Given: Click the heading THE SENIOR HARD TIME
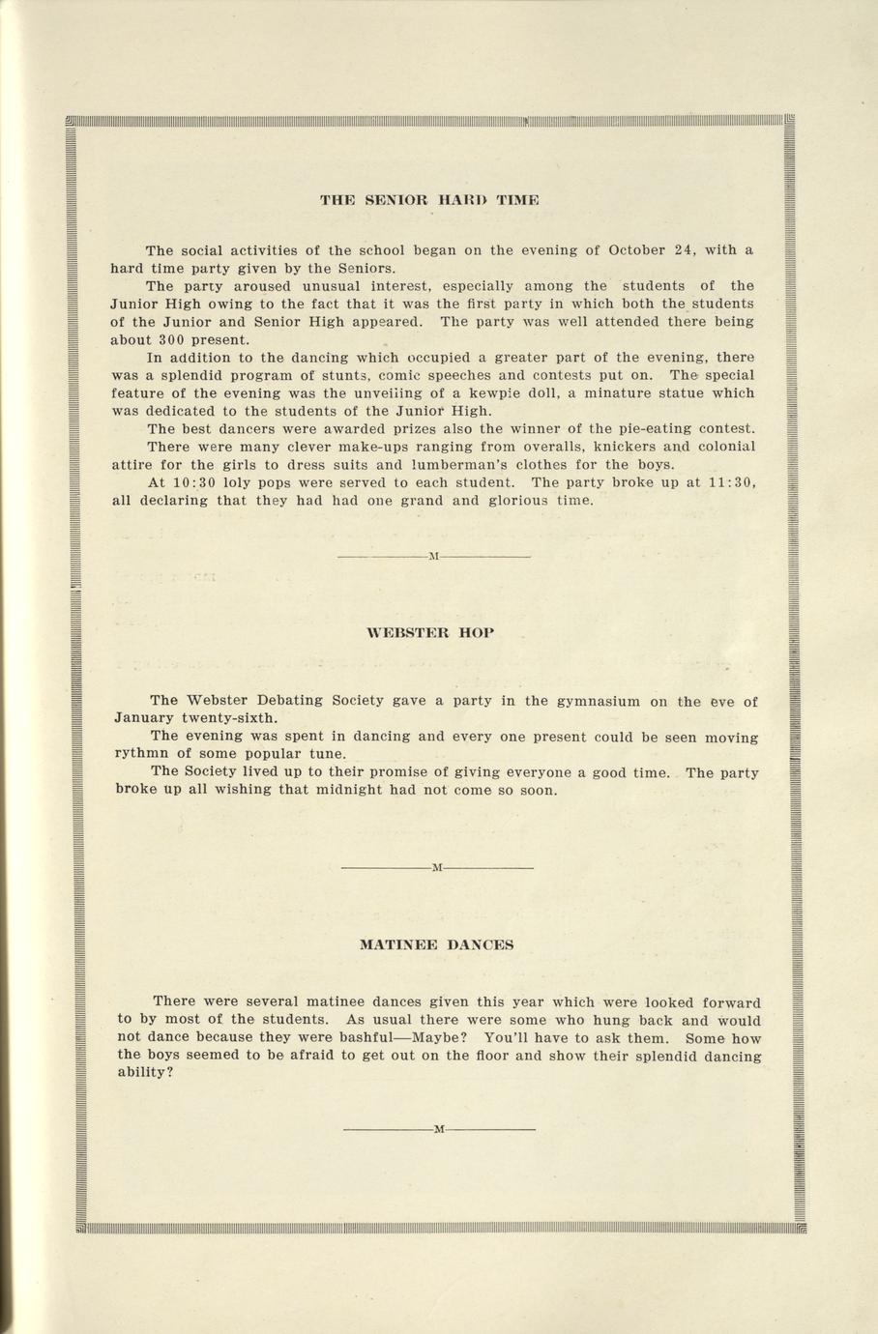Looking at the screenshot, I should click(x=429, y=200).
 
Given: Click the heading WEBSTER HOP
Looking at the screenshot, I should click(x=431, y=632).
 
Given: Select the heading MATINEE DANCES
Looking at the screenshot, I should click(x=436, y=944).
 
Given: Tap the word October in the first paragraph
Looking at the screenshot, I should click(x=637, y=250).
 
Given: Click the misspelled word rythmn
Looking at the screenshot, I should click(x=142, y=754).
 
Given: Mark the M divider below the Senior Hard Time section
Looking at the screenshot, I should click(x=433, y=558).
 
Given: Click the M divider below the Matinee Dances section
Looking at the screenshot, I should click(x=438, y=1129).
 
